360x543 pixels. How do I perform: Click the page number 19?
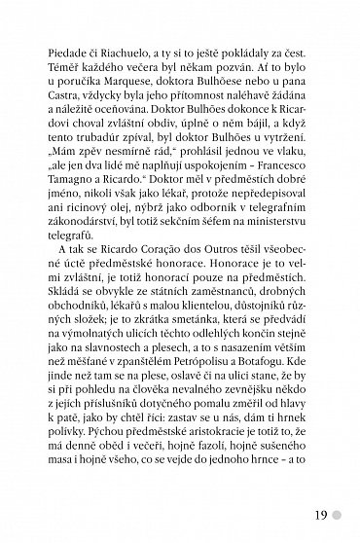click(321, 509)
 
